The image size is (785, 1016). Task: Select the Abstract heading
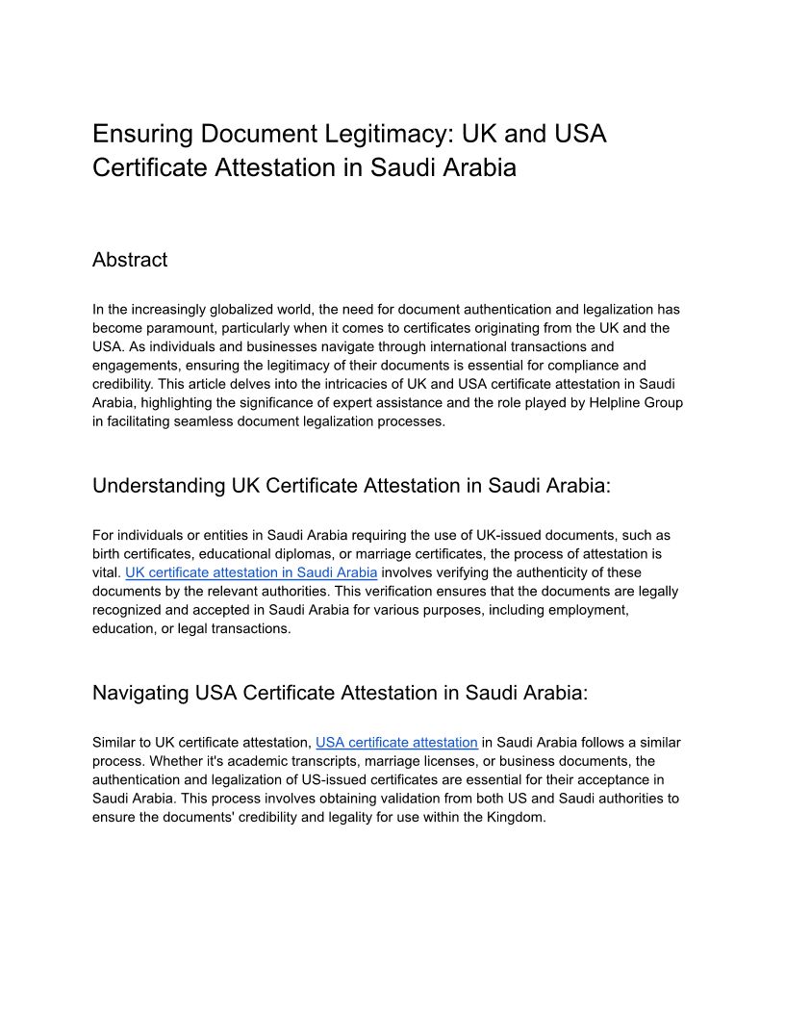pos(130,260)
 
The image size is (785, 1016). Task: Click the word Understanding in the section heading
pos(159,486)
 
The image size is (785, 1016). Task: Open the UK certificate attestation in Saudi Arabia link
pos(251,572)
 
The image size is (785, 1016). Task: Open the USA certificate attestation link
pos(396,743)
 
